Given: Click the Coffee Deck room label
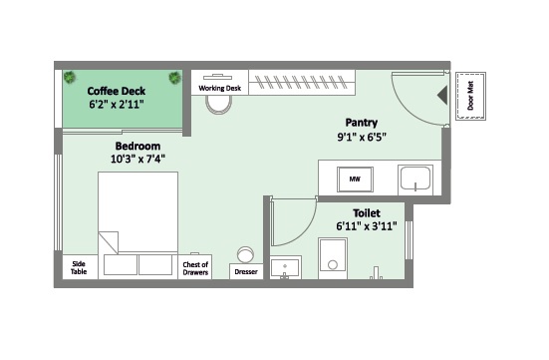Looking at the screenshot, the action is (x=117, y=91).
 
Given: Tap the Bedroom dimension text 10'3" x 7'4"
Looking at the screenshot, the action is (x=137, y=160).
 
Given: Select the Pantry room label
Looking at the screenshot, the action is (x=362, y=123).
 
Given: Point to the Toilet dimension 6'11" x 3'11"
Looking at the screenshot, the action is (x=367, y=226).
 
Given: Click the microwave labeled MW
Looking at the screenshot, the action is (x=355, y=180).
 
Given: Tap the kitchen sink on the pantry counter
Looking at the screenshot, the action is (x=415, y=179).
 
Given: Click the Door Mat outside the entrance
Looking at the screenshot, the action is (x=470, y=96).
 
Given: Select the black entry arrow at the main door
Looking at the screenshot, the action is (x=442, y=96).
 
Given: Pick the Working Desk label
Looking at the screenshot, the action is (x=220, y=88).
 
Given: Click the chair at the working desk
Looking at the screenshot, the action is (x=219, y=105).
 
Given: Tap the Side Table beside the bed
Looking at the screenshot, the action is (x=79, y=268).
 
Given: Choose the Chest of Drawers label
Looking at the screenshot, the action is (x=195, y=268).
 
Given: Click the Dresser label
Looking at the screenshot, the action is (x=246, y=271).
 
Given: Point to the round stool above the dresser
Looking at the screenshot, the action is (x=245, y=254).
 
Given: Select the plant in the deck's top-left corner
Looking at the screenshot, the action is (x=70, y=77).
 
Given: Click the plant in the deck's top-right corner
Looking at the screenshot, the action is (x=174, y=78).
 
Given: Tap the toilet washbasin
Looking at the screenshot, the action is (x=285, y=268).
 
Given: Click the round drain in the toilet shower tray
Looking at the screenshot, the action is (x=333, y=264).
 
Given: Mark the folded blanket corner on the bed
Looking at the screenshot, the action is (x=109, y=242).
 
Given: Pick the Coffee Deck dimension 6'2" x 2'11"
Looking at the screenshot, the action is (x=117, y=104).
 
